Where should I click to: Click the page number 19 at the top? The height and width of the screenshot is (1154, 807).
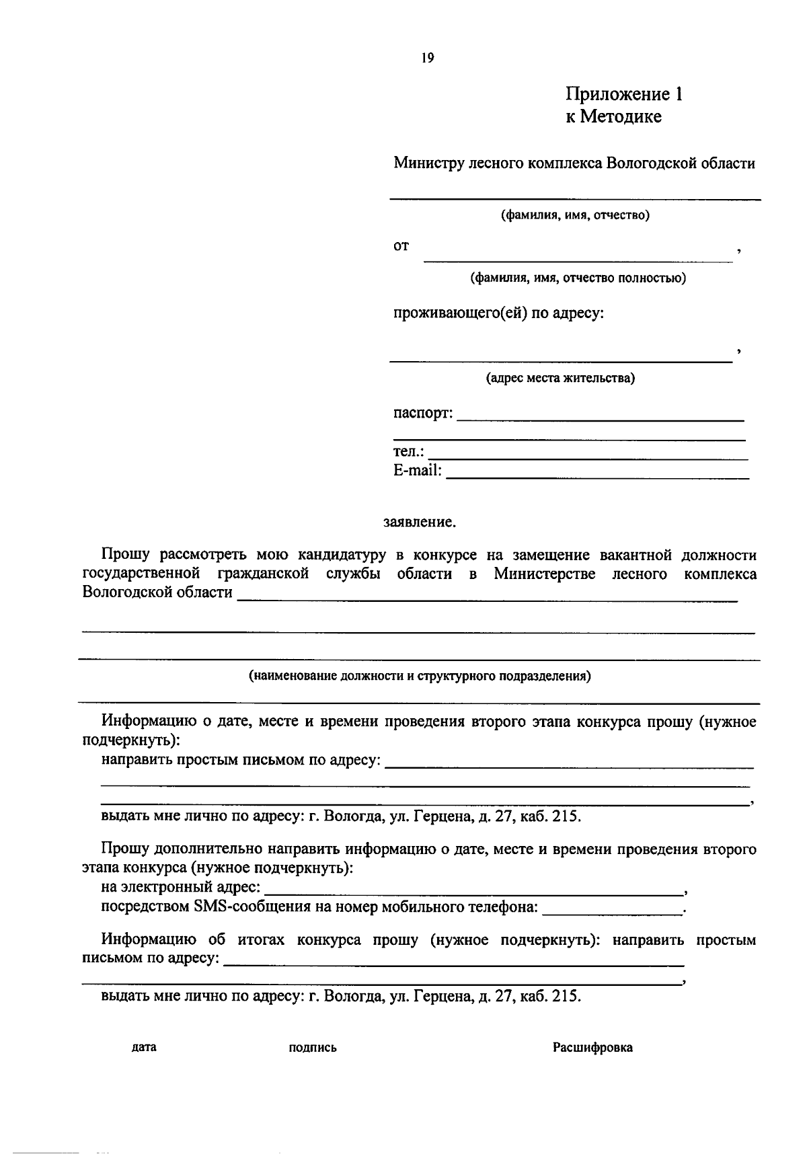(x=428, y=58)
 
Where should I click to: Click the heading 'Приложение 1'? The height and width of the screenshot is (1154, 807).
(x=623, y=94)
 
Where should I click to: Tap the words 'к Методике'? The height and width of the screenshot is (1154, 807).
(x=613, y=117)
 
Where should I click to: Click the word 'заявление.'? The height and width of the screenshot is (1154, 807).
(x=420, y=521)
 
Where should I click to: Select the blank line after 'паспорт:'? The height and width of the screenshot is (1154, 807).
(x=600, y=418)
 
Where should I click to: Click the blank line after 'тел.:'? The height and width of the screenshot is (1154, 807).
(x=588, y=456)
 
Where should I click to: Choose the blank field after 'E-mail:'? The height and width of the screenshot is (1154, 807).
(x=597, y=475)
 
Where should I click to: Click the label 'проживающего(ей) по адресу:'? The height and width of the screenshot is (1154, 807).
(x=498, y=313)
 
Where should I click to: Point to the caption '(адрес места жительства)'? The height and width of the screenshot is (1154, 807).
(x=560, y=378)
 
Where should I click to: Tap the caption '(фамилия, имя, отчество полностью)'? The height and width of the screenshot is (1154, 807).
(x=578, y=278)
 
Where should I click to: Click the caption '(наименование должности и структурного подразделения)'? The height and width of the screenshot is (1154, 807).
(x=420, y=676)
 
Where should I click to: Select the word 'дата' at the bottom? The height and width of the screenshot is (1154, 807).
(x=144, y=1047)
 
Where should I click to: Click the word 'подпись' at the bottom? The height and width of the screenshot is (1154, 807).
(x=313, y=1047)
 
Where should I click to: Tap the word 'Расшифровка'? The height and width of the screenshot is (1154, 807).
(x=592, y=1047)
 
